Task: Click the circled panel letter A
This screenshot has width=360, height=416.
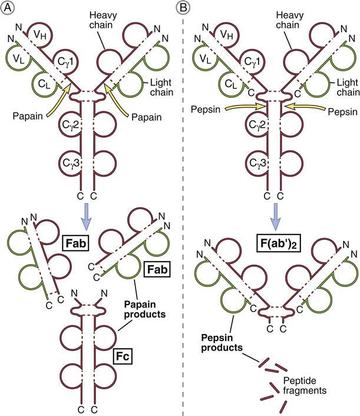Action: point(9,8)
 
